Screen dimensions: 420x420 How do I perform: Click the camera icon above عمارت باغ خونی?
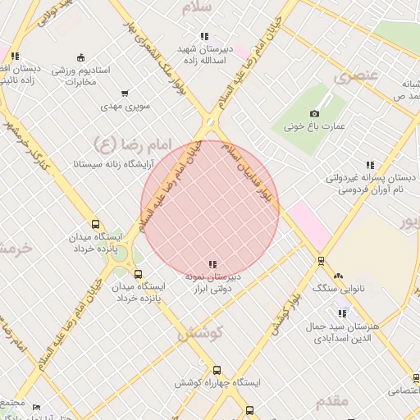[315, 113]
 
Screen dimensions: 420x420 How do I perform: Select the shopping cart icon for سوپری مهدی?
[124, 94]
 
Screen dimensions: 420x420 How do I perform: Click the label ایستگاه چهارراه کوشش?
[217, 383]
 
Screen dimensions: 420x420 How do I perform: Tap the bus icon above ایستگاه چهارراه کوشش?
[217, 370]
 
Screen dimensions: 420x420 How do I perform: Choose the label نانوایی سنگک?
[337, 289]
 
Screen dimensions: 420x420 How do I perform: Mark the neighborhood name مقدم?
[331, 400]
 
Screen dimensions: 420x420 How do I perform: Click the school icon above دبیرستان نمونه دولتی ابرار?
[213, 264]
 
